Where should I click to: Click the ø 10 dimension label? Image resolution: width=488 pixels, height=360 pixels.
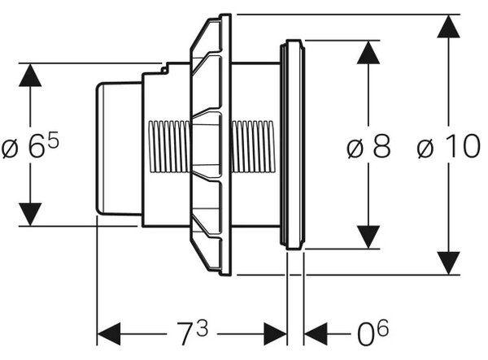click(449, 145)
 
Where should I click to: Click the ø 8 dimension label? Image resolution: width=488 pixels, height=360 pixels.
click(368, 145)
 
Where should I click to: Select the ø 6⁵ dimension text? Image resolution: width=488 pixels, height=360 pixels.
click(30, 145)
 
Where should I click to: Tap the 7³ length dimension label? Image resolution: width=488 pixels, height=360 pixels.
click(192, 332)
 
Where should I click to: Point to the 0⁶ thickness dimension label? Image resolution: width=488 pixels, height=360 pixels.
click(373, 332)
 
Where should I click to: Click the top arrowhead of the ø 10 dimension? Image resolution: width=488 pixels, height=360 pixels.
click(448, 27)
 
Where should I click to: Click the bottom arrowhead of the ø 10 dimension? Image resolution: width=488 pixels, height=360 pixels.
click(448, 263)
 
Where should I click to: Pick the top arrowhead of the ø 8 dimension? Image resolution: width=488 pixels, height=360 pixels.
click(368, 53)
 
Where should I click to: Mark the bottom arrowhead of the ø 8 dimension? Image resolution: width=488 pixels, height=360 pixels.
click(368, 237)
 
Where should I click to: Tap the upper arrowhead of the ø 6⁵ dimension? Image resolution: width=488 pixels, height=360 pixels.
click(30, 75)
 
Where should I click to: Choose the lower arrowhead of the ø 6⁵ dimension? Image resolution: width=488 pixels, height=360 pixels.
click(30, 215)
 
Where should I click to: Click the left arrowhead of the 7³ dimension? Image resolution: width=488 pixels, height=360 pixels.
click(109, 334)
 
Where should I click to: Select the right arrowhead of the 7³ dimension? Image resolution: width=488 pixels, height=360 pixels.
click(275, 334)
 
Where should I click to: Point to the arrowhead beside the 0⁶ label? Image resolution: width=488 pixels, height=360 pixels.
click(316, 334)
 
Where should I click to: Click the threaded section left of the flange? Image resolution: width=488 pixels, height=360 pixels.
click(169, 146)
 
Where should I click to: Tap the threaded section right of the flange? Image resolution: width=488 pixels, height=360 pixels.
click(252, 146)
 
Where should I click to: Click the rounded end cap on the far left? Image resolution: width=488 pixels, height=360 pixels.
click(119, 149)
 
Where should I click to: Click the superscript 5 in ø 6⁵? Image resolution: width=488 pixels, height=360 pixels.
click(53, 140)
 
